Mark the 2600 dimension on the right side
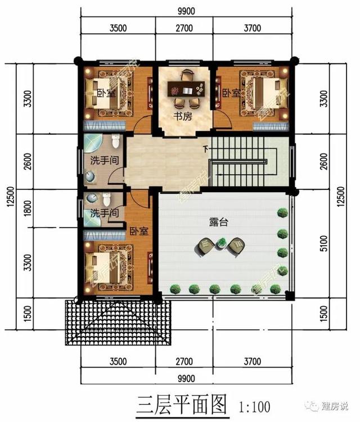pos(322,162)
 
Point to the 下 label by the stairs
pos(205,149)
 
